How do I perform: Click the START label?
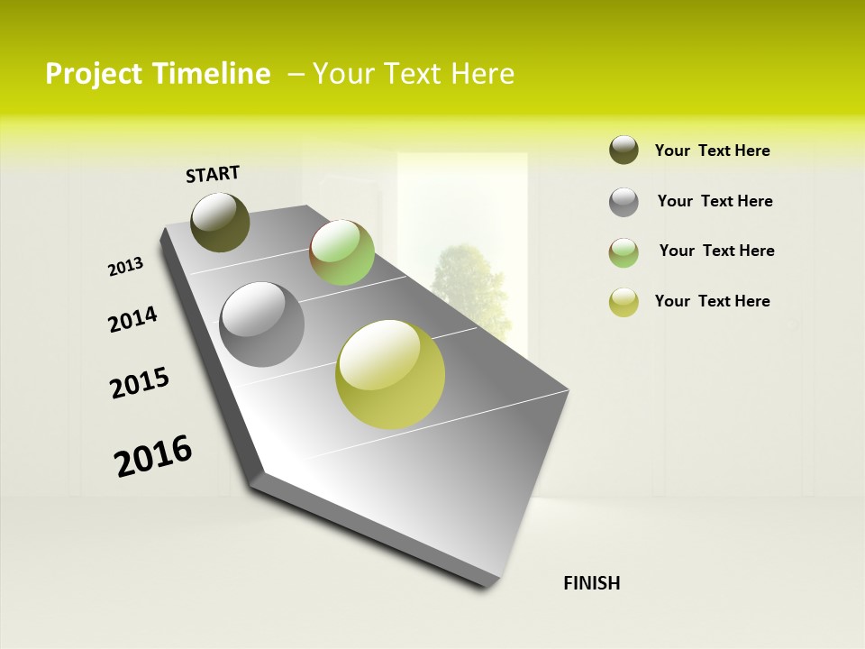coord(213,174)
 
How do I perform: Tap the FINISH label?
coord(591,583)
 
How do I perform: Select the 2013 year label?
coord(125,267)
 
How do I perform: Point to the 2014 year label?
coord(132,320)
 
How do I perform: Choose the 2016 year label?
coord(153,456)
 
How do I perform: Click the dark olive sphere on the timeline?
coord(220,222)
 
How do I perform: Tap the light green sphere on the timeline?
coord(341,252)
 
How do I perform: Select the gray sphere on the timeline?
coord(262,324)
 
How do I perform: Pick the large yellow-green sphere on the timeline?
coord(390,374)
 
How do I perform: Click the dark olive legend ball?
coord(624,151)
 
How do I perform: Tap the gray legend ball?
coord(624,202)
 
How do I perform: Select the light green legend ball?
coord(624,252)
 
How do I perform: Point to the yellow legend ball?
coord(624,302)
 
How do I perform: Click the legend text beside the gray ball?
coord(715,201)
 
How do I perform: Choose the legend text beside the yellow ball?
coord(712,301)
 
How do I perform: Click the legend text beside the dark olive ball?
coord(712,151)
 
